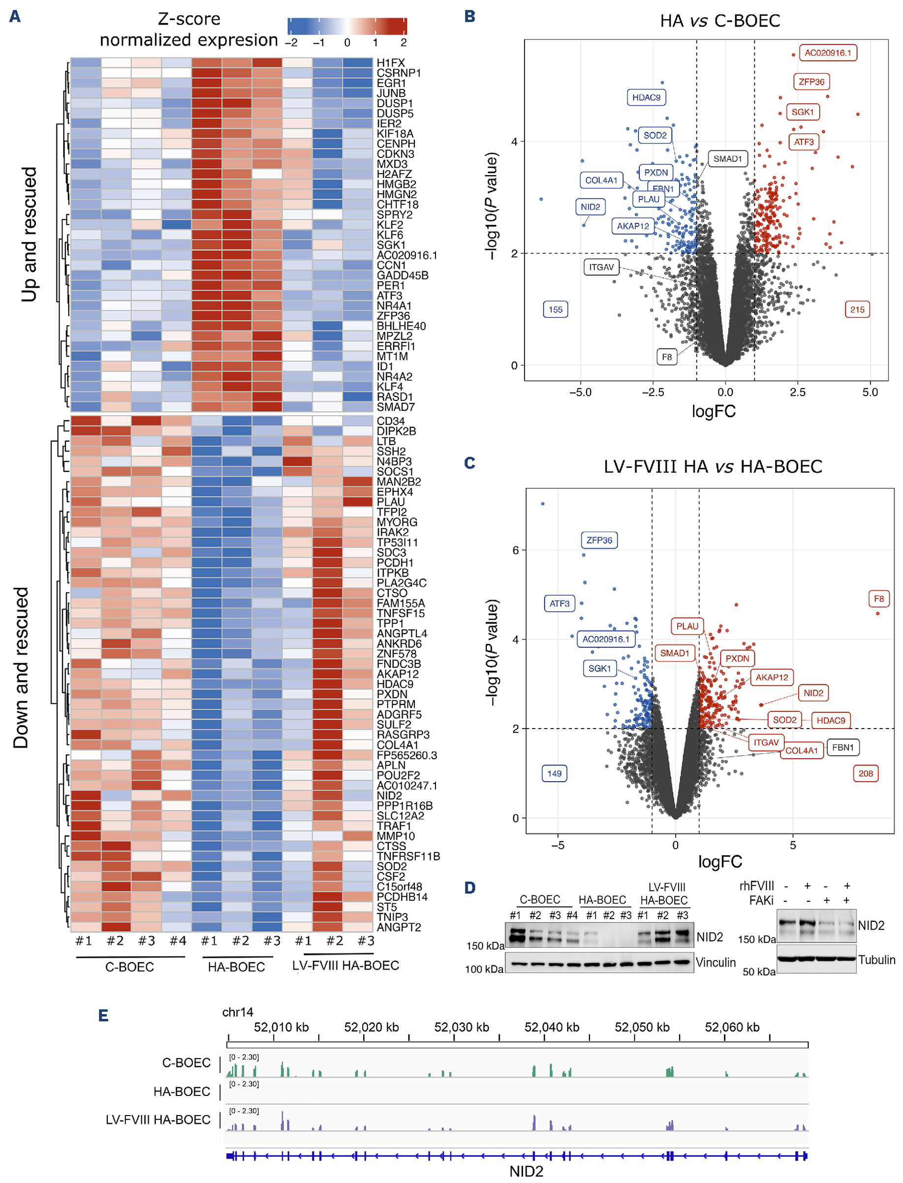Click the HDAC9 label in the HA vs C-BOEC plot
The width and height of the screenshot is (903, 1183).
coord(646,97)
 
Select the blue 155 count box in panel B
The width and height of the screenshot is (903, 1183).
coord(555,309)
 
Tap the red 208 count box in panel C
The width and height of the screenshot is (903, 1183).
coord(866,774)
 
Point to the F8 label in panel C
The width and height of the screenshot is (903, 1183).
coord(878,599)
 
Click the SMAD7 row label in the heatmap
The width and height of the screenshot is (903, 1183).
coord(396,407)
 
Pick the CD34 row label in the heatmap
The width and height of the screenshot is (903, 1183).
coord(391,421)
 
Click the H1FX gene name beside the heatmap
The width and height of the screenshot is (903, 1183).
coord(391,63)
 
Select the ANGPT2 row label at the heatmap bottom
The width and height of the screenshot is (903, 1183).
coord(399,927)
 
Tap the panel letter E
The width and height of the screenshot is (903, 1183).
coord(104,1015)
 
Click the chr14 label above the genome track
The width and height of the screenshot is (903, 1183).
coord(238,1012)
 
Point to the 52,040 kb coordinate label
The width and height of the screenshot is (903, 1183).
coord(552,1027)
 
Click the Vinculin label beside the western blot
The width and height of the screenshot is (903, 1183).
coord(716,962)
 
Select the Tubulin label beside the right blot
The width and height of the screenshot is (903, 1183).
coord(876,960)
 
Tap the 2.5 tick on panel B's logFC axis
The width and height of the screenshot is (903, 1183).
coord(798,392)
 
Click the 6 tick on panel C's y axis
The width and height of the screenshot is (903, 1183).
coord(515,550)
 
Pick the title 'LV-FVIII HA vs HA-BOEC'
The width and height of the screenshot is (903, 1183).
coord(713,466)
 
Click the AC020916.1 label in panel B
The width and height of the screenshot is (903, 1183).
coord(827,53)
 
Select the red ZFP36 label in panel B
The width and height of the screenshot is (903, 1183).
coord(811,82)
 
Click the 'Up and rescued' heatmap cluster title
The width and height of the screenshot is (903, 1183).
coord(29,234)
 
